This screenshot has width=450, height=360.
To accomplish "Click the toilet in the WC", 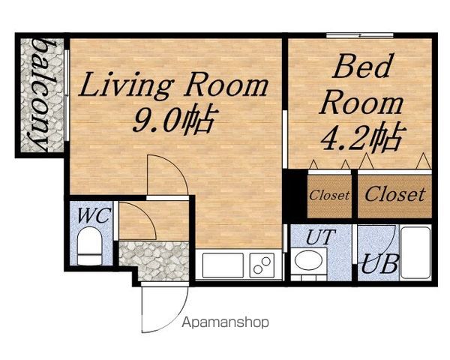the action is coord(89,246).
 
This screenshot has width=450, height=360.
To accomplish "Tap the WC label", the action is coord(94,215).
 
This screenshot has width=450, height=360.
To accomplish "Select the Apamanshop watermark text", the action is coord(226,322).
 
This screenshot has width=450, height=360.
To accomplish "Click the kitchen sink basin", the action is coord(223,265).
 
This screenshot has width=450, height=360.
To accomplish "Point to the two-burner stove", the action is coord(262,265).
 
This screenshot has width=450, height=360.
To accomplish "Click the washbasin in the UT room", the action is coord(308,261).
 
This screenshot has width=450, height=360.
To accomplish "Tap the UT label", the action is coord(321,237).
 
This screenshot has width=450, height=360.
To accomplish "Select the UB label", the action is coord(379,264).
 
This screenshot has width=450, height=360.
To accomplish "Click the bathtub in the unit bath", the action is coord(415,253).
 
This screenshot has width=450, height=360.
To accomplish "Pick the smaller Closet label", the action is coord(329,196).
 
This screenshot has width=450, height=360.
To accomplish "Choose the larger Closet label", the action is coord(395,194).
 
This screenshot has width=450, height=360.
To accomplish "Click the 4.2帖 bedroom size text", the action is coord(363,137).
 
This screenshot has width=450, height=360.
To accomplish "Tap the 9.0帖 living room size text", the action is coord(174,120).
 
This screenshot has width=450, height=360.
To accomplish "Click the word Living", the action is coord(126,85).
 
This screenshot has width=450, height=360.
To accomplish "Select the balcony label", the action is coord(42,95).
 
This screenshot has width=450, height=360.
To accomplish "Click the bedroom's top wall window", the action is coord(359,35).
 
